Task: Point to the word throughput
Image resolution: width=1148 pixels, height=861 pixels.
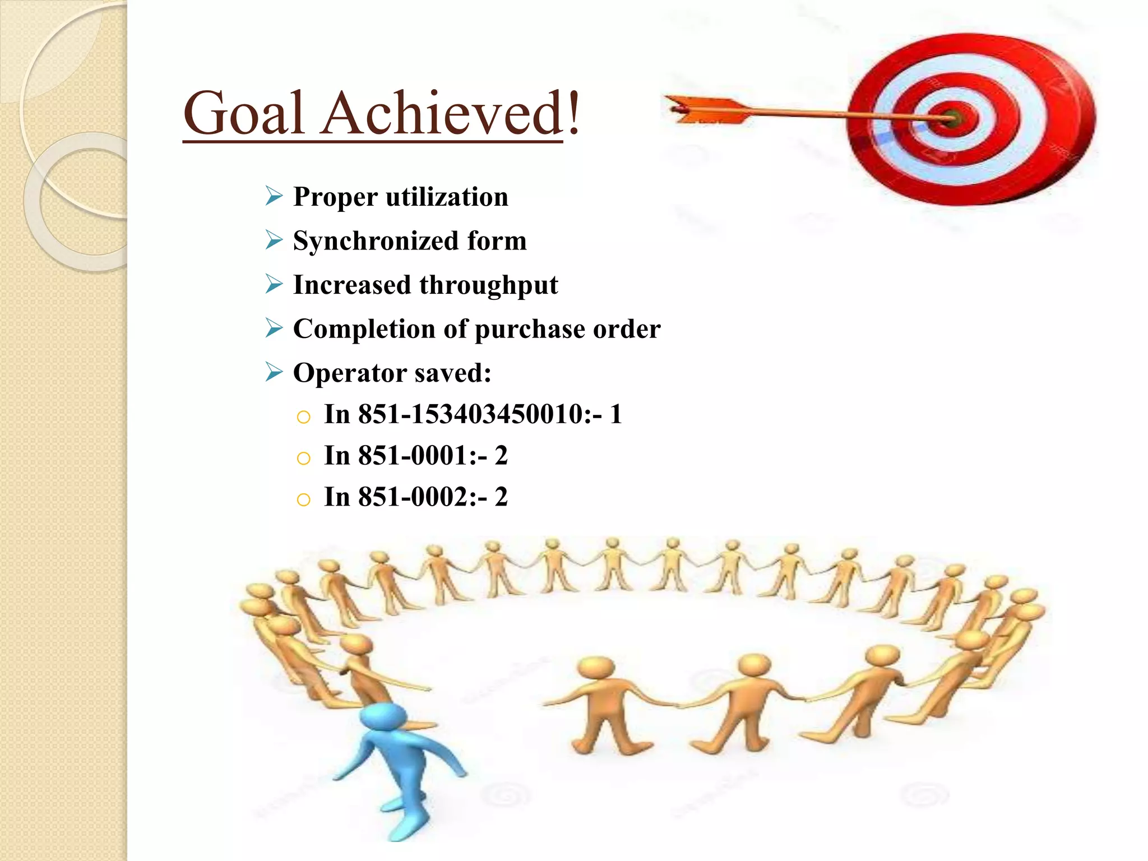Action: coord(489,285)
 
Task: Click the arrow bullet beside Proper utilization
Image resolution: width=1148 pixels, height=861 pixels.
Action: coord(274,196)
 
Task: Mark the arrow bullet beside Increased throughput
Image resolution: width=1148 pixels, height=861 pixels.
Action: coord(274,284)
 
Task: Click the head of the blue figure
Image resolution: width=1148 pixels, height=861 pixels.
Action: coord(383,719)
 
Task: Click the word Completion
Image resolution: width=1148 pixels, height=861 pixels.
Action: coord(364,329)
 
